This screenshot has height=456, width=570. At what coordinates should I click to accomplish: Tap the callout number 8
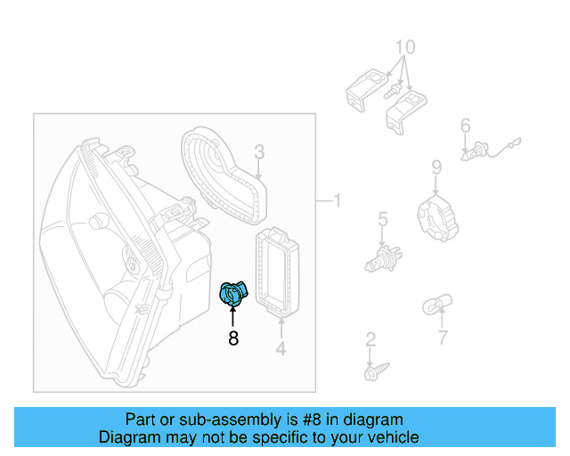[x=233, y=338]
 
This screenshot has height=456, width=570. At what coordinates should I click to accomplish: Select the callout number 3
[x=259, y=151]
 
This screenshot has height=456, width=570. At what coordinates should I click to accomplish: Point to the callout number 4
[x=281, y=349]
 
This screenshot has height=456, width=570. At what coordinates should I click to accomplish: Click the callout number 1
[x=336, y=200]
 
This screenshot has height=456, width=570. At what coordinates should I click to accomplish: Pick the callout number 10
[x=404, y=46]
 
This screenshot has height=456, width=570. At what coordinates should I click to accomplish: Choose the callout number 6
[x=465, y=126]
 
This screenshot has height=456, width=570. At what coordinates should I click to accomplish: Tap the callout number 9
[x=436, y=167]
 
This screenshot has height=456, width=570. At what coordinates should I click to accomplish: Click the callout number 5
[x=382, y=218]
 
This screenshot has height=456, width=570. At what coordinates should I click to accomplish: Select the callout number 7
[x=443, y=338]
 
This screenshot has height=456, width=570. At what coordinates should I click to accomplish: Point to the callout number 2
[x=370, y=339]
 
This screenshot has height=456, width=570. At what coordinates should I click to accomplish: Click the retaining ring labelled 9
[x=437, y=218]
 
